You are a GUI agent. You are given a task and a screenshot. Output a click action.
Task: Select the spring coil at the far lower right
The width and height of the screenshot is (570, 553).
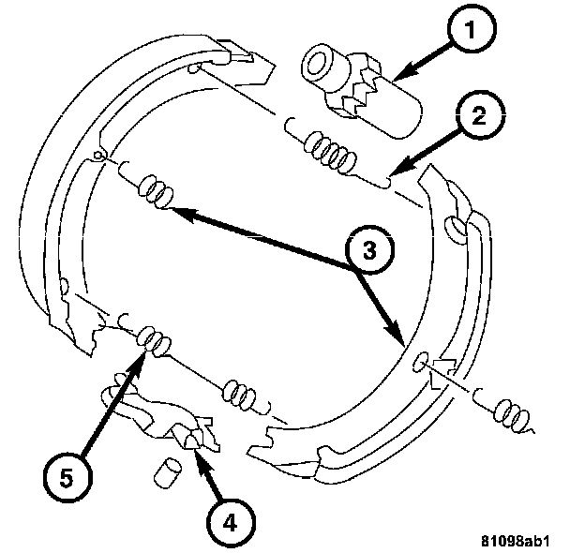click(511, 409)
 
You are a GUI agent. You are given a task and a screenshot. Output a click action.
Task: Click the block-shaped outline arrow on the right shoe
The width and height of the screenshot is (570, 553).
click(444, 367)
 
